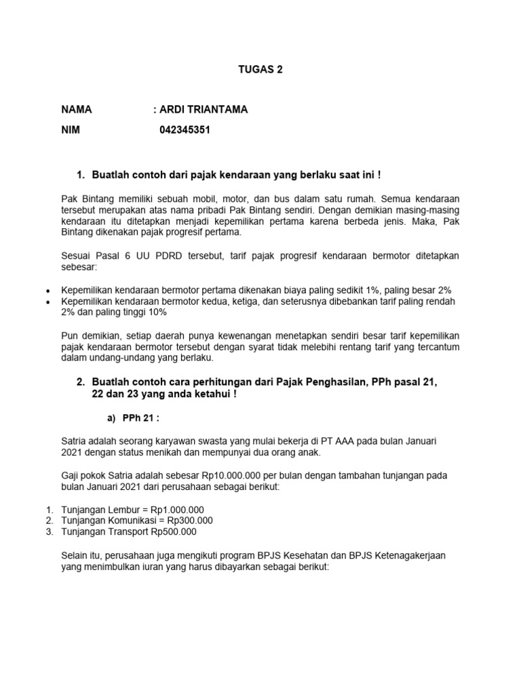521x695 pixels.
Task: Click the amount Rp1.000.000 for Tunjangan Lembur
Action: (174, 509)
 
